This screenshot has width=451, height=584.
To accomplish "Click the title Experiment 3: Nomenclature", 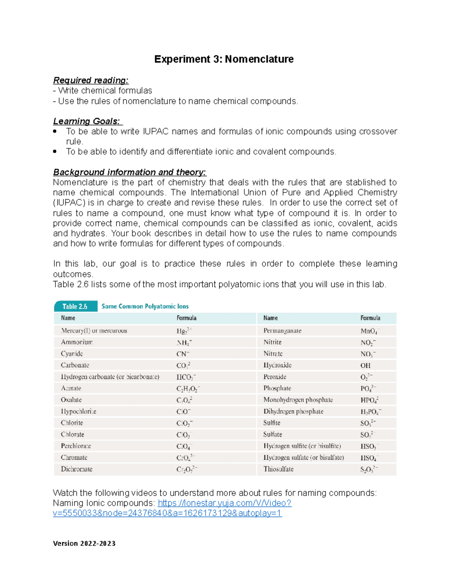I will coord(224,59).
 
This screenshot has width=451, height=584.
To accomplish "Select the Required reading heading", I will coord(91,80).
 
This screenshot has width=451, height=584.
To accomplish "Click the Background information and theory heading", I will coord(129,172).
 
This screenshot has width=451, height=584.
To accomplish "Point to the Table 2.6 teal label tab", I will coord(75,306).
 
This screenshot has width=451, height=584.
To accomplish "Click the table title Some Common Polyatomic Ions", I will coord(145,306).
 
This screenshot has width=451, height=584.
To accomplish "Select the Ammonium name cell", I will coord(77,342).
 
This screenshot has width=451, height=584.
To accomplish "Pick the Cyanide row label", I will coord(72,354).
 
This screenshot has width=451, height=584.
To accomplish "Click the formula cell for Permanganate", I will coord(370,331).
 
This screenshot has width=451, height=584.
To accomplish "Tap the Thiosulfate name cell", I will coord(278,469).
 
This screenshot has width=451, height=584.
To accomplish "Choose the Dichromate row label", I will coord(77,469).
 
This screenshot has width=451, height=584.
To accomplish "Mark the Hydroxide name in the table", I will coord(277,365).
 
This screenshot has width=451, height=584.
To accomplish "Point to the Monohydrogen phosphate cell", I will coord(298,400).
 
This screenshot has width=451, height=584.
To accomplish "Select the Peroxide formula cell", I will coord(366,377).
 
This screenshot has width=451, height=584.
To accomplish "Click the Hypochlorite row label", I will coord(79,411).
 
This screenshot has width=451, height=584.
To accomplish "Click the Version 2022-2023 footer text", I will coord(84,543).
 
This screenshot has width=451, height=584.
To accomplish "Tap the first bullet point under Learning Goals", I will coord(55,132).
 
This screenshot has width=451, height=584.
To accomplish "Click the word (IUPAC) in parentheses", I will coord(69,203).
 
